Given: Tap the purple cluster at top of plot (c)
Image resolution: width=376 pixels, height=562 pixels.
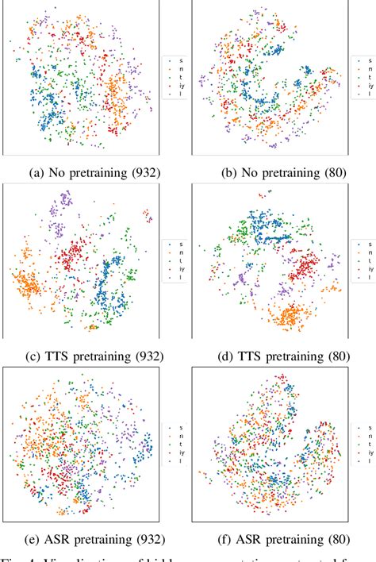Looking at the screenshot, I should click(x=59, y=212).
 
